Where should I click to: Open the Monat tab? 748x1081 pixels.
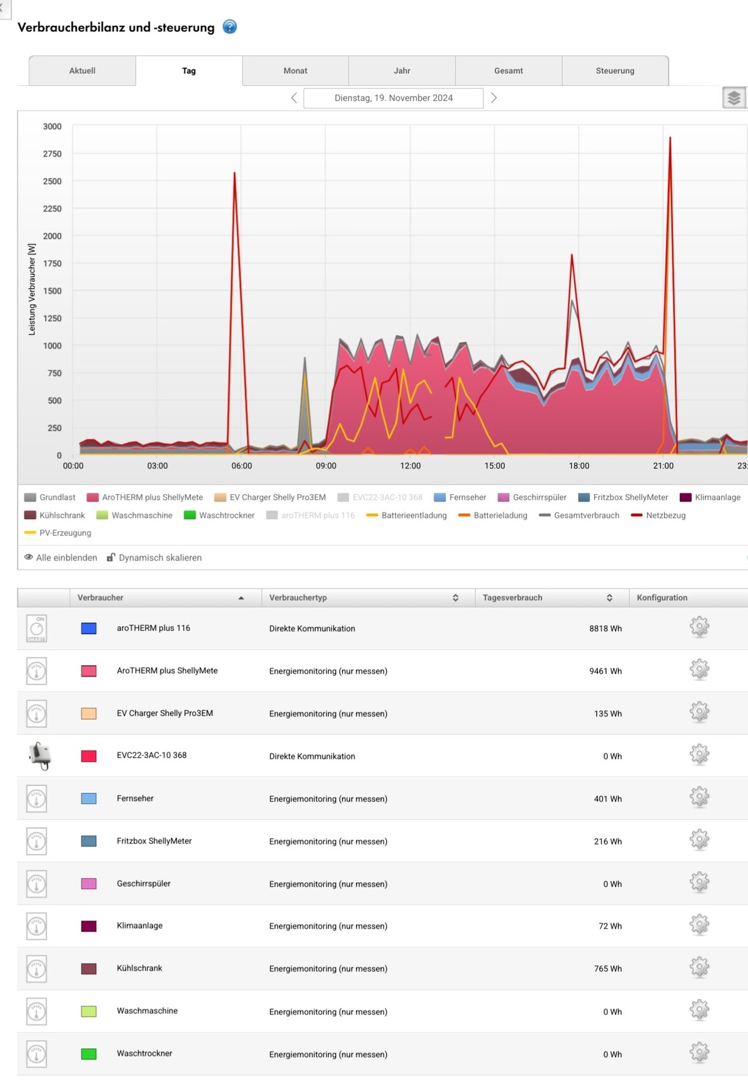pyautogui.click(x=295, y=71)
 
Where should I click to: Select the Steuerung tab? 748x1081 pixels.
pyautogui.click(x=614, y=71)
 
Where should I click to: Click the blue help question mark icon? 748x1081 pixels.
pyautogui.click(x=230, y=27)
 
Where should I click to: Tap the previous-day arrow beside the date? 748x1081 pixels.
pyautogui.click(x=294, y=98)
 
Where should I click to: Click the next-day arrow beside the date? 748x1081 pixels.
pyautogui.click(x=494, y=98)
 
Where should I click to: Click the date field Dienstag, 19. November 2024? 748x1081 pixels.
pyautogui.click(x=393, y=98)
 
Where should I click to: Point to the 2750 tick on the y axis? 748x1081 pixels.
pyautogui.click(x=52, y=154)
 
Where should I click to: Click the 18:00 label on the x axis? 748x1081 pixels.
pyautogui.click(x=579, y=466)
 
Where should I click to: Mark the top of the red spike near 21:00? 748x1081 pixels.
pyautogui.click(x=670, y=137)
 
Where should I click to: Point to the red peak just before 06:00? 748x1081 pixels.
pyautogui.click(x=235, y=173)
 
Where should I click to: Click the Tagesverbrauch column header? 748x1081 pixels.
pyautogui.click(x=513, y=598)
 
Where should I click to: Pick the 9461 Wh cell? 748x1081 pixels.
pyautogui.click(x=605, y=671)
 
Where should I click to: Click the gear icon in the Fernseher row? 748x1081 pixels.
pyautogui.click(x=699, y=797)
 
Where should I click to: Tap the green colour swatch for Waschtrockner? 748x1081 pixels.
pyautogui.click(x=89, y=1054)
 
